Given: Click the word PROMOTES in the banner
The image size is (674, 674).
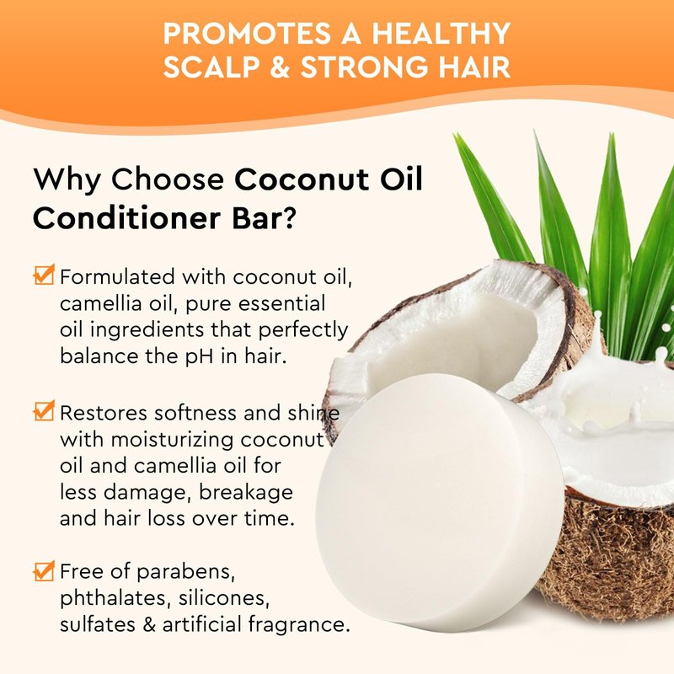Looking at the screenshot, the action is tap(247, 34).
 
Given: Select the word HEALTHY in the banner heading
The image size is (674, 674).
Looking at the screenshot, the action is tap(441, 34).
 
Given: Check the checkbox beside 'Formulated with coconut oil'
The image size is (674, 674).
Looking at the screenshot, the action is tap(45, 275).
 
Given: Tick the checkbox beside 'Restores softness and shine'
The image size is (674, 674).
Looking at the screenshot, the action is tap(45, 410).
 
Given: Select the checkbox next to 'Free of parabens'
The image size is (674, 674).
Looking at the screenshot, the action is tap(45, 571).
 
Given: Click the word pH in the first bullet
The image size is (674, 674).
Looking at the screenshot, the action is tap(200, 357).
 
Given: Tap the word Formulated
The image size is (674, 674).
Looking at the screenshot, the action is tap(117, 277).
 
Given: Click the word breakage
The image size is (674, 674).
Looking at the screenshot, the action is tap(246, 493).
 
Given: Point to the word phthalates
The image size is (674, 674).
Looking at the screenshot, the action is tap(113, 599).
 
